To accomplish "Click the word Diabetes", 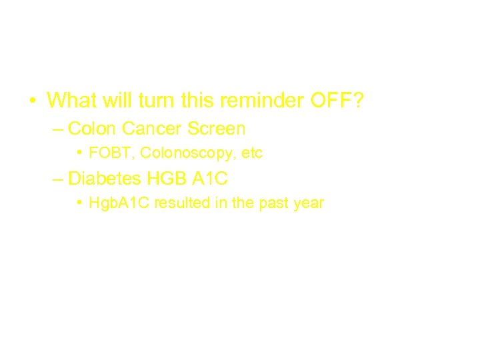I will coord(102,178).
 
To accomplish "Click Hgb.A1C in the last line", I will coord(119,203).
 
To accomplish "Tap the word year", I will coord(308,203).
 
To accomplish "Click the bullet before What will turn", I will coord(31,101).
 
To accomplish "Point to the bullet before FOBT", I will coord(79,153).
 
